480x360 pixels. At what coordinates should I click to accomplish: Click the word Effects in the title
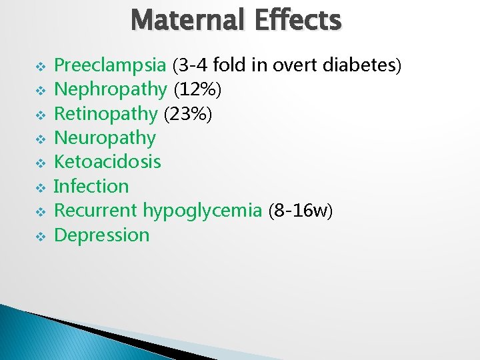298,20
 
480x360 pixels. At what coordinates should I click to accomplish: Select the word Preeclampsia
110,65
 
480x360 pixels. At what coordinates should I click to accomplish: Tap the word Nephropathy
110,89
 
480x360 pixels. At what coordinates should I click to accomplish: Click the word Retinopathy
106,113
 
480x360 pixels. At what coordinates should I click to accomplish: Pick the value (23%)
189,113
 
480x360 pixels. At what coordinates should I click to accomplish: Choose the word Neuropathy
105,138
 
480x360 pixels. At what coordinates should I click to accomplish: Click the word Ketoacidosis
107,162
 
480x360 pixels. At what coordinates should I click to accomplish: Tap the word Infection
91,186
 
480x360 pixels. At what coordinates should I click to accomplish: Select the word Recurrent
96,211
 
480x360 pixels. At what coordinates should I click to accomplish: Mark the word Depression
101,235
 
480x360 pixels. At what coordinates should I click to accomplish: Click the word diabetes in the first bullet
359,65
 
